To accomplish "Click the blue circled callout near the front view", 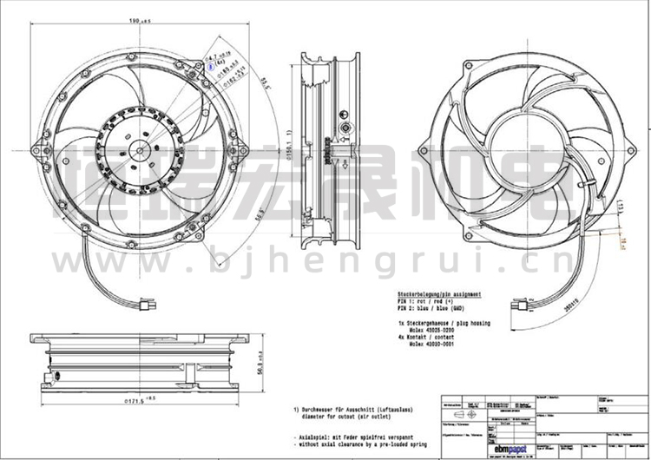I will [x=208, y=63].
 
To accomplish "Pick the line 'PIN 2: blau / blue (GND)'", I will [x=433, y=310].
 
